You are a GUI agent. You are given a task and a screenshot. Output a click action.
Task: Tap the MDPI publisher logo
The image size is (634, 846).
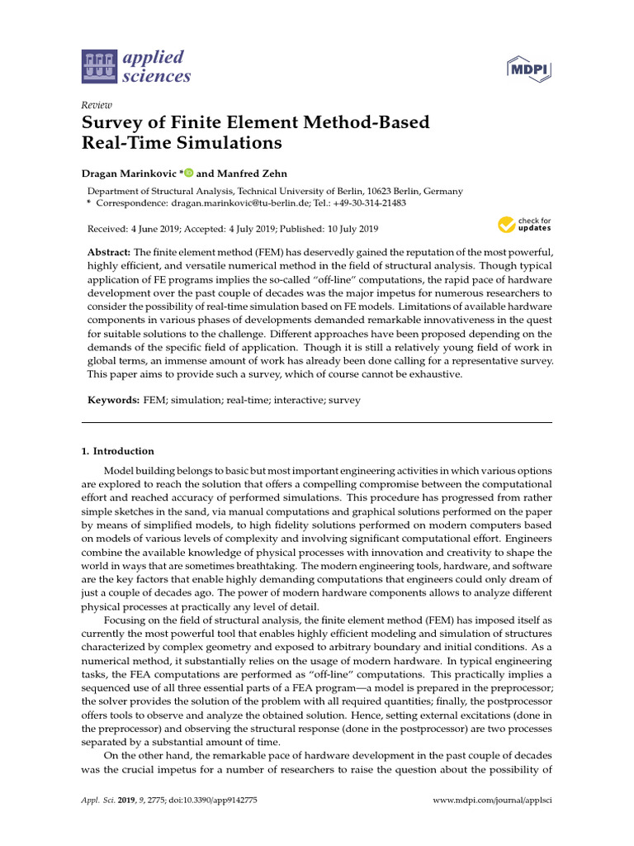(x=530, y=71)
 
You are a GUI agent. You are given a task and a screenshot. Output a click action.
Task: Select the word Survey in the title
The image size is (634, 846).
(x=112, y=123)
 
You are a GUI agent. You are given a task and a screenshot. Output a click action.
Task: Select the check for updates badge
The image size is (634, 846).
(x=523, y=224)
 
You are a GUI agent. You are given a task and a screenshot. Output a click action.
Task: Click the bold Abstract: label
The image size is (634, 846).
(x=110, y=251)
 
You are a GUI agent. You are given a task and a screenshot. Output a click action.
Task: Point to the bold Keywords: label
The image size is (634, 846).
(x=114, y=400)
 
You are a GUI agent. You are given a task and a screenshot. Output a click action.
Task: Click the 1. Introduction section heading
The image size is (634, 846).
(x=117, y=451)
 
